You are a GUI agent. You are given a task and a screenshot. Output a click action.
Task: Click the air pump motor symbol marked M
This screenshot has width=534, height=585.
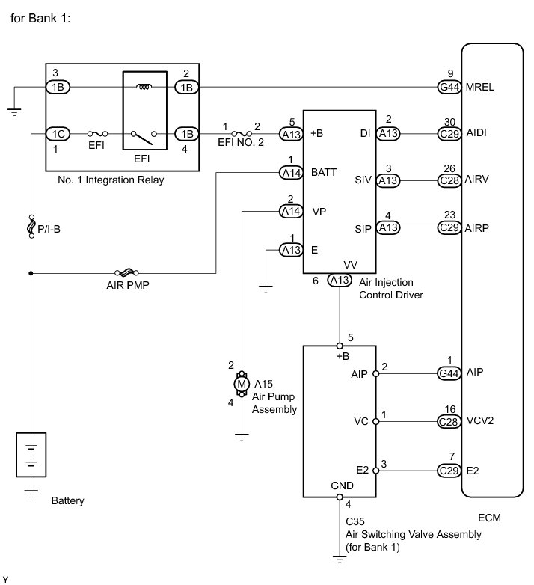[x=242, y=384]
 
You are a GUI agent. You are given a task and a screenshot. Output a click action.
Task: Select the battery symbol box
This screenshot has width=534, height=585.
[x=31, y=454]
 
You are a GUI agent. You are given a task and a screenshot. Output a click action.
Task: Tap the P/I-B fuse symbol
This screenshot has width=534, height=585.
[x=31, y=227]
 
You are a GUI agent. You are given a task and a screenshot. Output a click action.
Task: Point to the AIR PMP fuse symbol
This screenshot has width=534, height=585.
[x=127, y=273]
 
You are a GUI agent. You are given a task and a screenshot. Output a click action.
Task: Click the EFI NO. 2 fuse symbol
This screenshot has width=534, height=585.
[x=242, y=134]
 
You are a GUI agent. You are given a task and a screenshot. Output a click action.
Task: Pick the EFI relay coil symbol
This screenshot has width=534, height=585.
[x=144, y=87]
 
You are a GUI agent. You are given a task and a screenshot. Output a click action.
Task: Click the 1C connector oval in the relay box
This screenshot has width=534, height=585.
[x=58, y=134]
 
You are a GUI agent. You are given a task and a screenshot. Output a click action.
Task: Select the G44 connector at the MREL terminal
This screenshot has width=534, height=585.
[x=449, y=87]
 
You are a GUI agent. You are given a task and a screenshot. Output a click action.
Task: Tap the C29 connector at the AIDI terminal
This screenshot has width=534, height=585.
[x=449, y=134]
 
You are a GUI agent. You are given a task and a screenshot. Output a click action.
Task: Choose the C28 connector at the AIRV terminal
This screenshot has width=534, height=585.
[x=449, y=180]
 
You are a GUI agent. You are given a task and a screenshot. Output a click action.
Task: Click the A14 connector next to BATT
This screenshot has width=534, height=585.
[x=291, y=173]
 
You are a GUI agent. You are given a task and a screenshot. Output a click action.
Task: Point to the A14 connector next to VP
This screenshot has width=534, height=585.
[x=291, y=212]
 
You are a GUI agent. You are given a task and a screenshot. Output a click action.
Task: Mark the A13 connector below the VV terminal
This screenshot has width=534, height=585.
[x=340, y=280]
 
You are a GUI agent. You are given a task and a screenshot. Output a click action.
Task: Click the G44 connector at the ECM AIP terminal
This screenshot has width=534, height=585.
[x=449, y=373]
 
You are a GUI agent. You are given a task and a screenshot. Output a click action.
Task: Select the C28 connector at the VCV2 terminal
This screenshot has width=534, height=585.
[x=449, y=422]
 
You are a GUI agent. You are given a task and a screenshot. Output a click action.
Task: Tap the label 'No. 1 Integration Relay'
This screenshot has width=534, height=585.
[x=111, y=180]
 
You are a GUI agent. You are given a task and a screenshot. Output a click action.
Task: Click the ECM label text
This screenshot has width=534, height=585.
[x=489, y=518]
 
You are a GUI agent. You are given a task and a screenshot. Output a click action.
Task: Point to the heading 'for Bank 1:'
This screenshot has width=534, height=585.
[x=40, y=18]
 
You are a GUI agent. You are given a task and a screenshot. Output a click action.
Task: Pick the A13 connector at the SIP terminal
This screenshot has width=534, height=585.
[x=388, y=227]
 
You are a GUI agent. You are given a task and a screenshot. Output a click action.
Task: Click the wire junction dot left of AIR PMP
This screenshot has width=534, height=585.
[x=31, y=273]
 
